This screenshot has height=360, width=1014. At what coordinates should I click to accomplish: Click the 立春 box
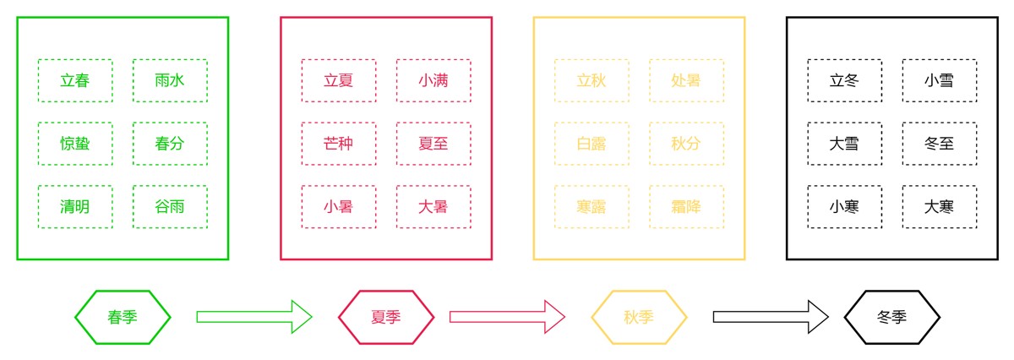click(75, 80)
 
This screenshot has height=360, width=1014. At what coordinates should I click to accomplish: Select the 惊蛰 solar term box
click(75, 144)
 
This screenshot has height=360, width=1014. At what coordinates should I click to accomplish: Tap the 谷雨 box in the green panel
click(170, 207)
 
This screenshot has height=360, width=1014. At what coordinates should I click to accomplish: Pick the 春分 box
click(170, 144)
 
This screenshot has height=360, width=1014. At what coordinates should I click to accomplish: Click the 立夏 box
click(339, 80)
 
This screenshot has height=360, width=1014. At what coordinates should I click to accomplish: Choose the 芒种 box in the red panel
click(339, 144)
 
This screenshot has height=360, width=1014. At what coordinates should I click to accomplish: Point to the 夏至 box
click(433, 144)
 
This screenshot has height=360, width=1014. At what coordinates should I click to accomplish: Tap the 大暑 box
click(433, 207)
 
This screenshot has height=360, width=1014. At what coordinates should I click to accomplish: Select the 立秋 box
click(591, 80)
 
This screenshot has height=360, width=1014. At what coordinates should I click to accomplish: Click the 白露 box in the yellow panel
click(591, 144)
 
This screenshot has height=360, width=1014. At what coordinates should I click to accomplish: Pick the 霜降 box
click(686, 207)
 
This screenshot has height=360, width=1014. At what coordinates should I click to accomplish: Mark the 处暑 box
click(686, 80)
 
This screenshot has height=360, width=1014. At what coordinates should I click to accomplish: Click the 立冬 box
click(844, 80)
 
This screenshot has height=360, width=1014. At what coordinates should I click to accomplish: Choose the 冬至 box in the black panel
click(939, 144)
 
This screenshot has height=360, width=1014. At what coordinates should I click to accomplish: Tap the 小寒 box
click(844, 207)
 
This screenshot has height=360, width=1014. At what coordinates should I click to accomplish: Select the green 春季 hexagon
click(123, 317)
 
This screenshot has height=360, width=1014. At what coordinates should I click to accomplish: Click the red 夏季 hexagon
click(386, 317)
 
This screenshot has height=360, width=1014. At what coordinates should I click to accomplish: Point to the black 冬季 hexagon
click(891, 317)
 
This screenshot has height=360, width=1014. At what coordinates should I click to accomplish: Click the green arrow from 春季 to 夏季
click(253, 317)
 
